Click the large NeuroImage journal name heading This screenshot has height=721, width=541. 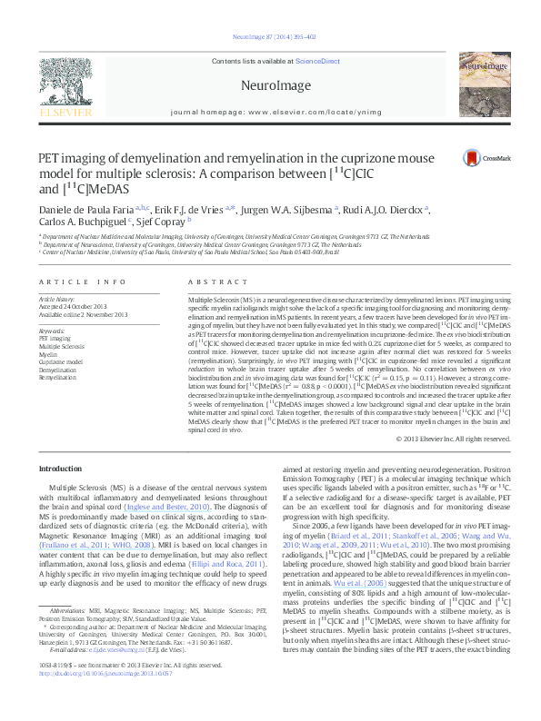269,85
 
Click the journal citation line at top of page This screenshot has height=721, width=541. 270,36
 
